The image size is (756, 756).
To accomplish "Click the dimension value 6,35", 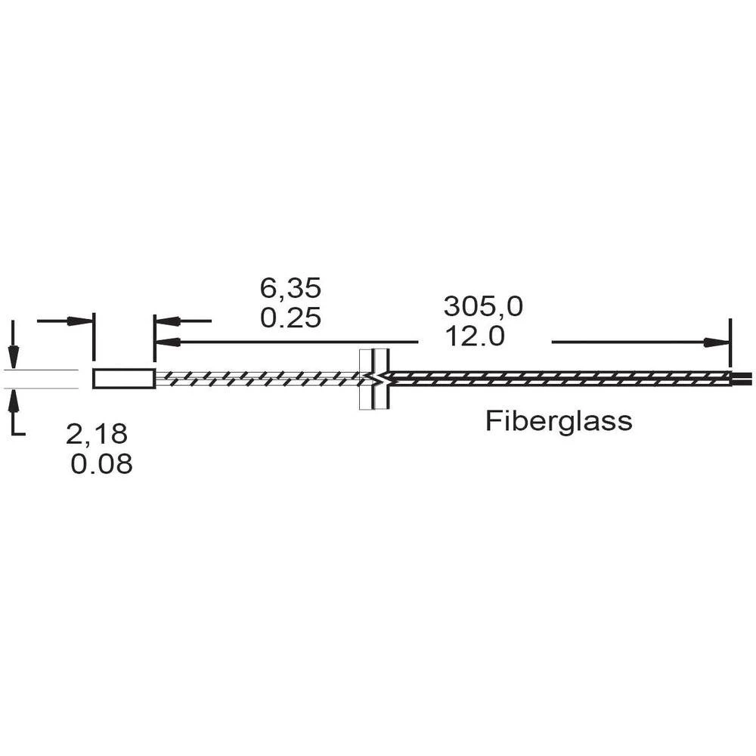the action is click(x=290, y=289).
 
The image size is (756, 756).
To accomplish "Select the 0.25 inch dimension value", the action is click(x=290, y=319).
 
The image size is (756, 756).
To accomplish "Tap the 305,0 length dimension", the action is click(x=483, y=307).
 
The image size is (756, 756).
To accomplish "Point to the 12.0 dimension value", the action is click(x=475, y=336).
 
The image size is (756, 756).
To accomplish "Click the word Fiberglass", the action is click(x=559, y=420).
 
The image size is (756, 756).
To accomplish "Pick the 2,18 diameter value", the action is click(x=97, y=434).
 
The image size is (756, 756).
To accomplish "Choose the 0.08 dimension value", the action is click(x=101, y=464).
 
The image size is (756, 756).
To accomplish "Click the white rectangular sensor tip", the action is click(x=124, y=379).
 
